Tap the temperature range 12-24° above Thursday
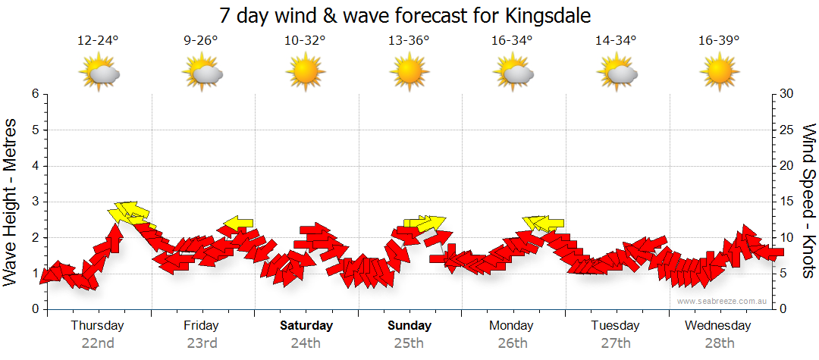pos(99,40)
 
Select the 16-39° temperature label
pos(720,40)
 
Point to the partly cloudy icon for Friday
pos(202,74)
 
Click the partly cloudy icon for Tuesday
pos(617,74)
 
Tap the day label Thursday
pos(97,325)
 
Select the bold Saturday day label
pos(306,325)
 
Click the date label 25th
pos(409,343)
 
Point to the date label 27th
pos(616,343)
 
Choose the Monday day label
pos(512,325)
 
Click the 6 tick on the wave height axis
pos(35,94)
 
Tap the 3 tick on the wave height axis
pos(35,202)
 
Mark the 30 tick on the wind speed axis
pos(786,94)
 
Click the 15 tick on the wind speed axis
pos(786,202)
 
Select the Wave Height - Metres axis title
pos(11,202)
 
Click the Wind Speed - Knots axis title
pos(808,202)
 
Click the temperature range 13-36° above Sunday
pos(409,40)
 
